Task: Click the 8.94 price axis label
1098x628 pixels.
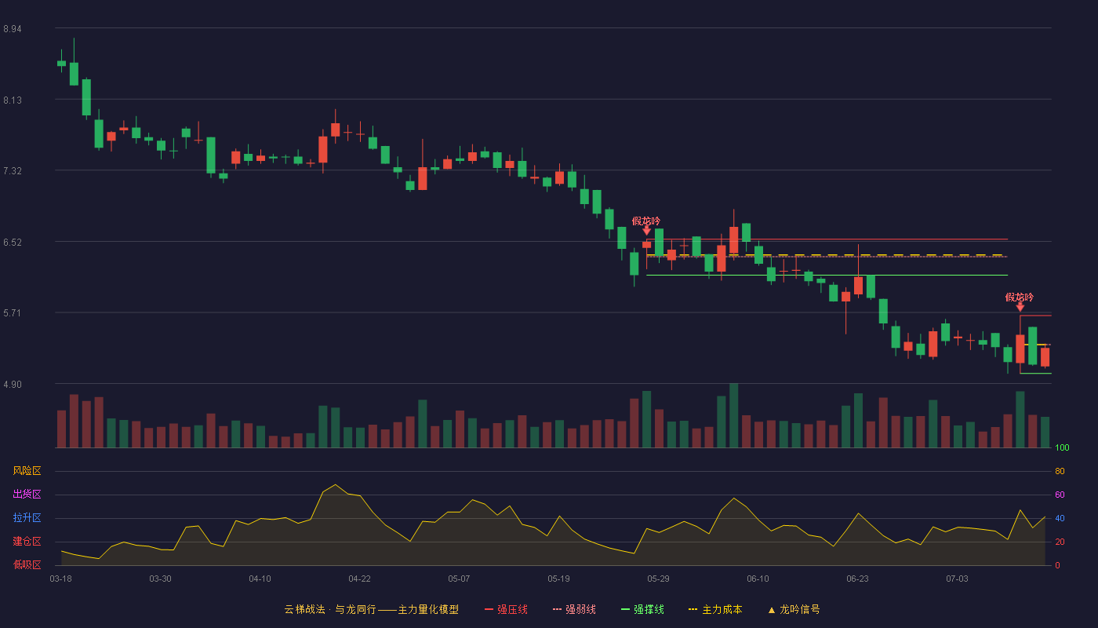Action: pos(13,29)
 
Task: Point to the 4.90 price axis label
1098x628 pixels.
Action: pos(13,385)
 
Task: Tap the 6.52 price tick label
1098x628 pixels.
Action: pos(13,243)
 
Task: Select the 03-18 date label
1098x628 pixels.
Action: pos(61,579)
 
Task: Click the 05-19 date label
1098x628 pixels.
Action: pos(558,579)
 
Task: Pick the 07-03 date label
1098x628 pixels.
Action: pos(958,579)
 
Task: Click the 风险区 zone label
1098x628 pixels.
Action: pos(27,471)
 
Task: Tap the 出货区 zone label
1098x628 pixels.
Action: pos(27,494)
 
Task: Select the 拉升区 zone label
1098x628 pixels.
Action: pos(27,517)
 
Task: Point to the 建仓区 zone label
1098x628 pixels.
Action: pos(27,541)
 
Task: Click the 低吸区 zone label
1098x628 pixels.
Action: pos(27,564)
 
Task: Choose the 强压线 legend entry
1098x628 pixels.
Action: pos(507,609)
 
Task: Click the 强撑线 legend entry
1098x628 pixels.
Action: pos(642,609)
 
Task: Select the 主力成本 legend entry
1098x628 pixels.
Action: pos(715,609)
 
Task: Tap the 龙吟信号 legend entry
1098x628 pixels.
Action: pos(794,609)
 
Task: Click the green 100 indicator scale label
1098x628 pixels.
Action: pos(1062,447)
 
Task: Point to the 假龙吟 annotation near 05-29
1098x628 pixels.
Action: pos(646,221)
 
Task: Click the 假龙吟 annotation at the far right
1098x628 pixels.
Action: pos(1020,298)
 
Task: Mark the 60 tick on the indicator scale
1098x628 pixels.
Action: pos(1060,495)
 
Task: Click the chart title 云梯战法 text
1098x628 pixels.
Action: pos(305,609)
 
